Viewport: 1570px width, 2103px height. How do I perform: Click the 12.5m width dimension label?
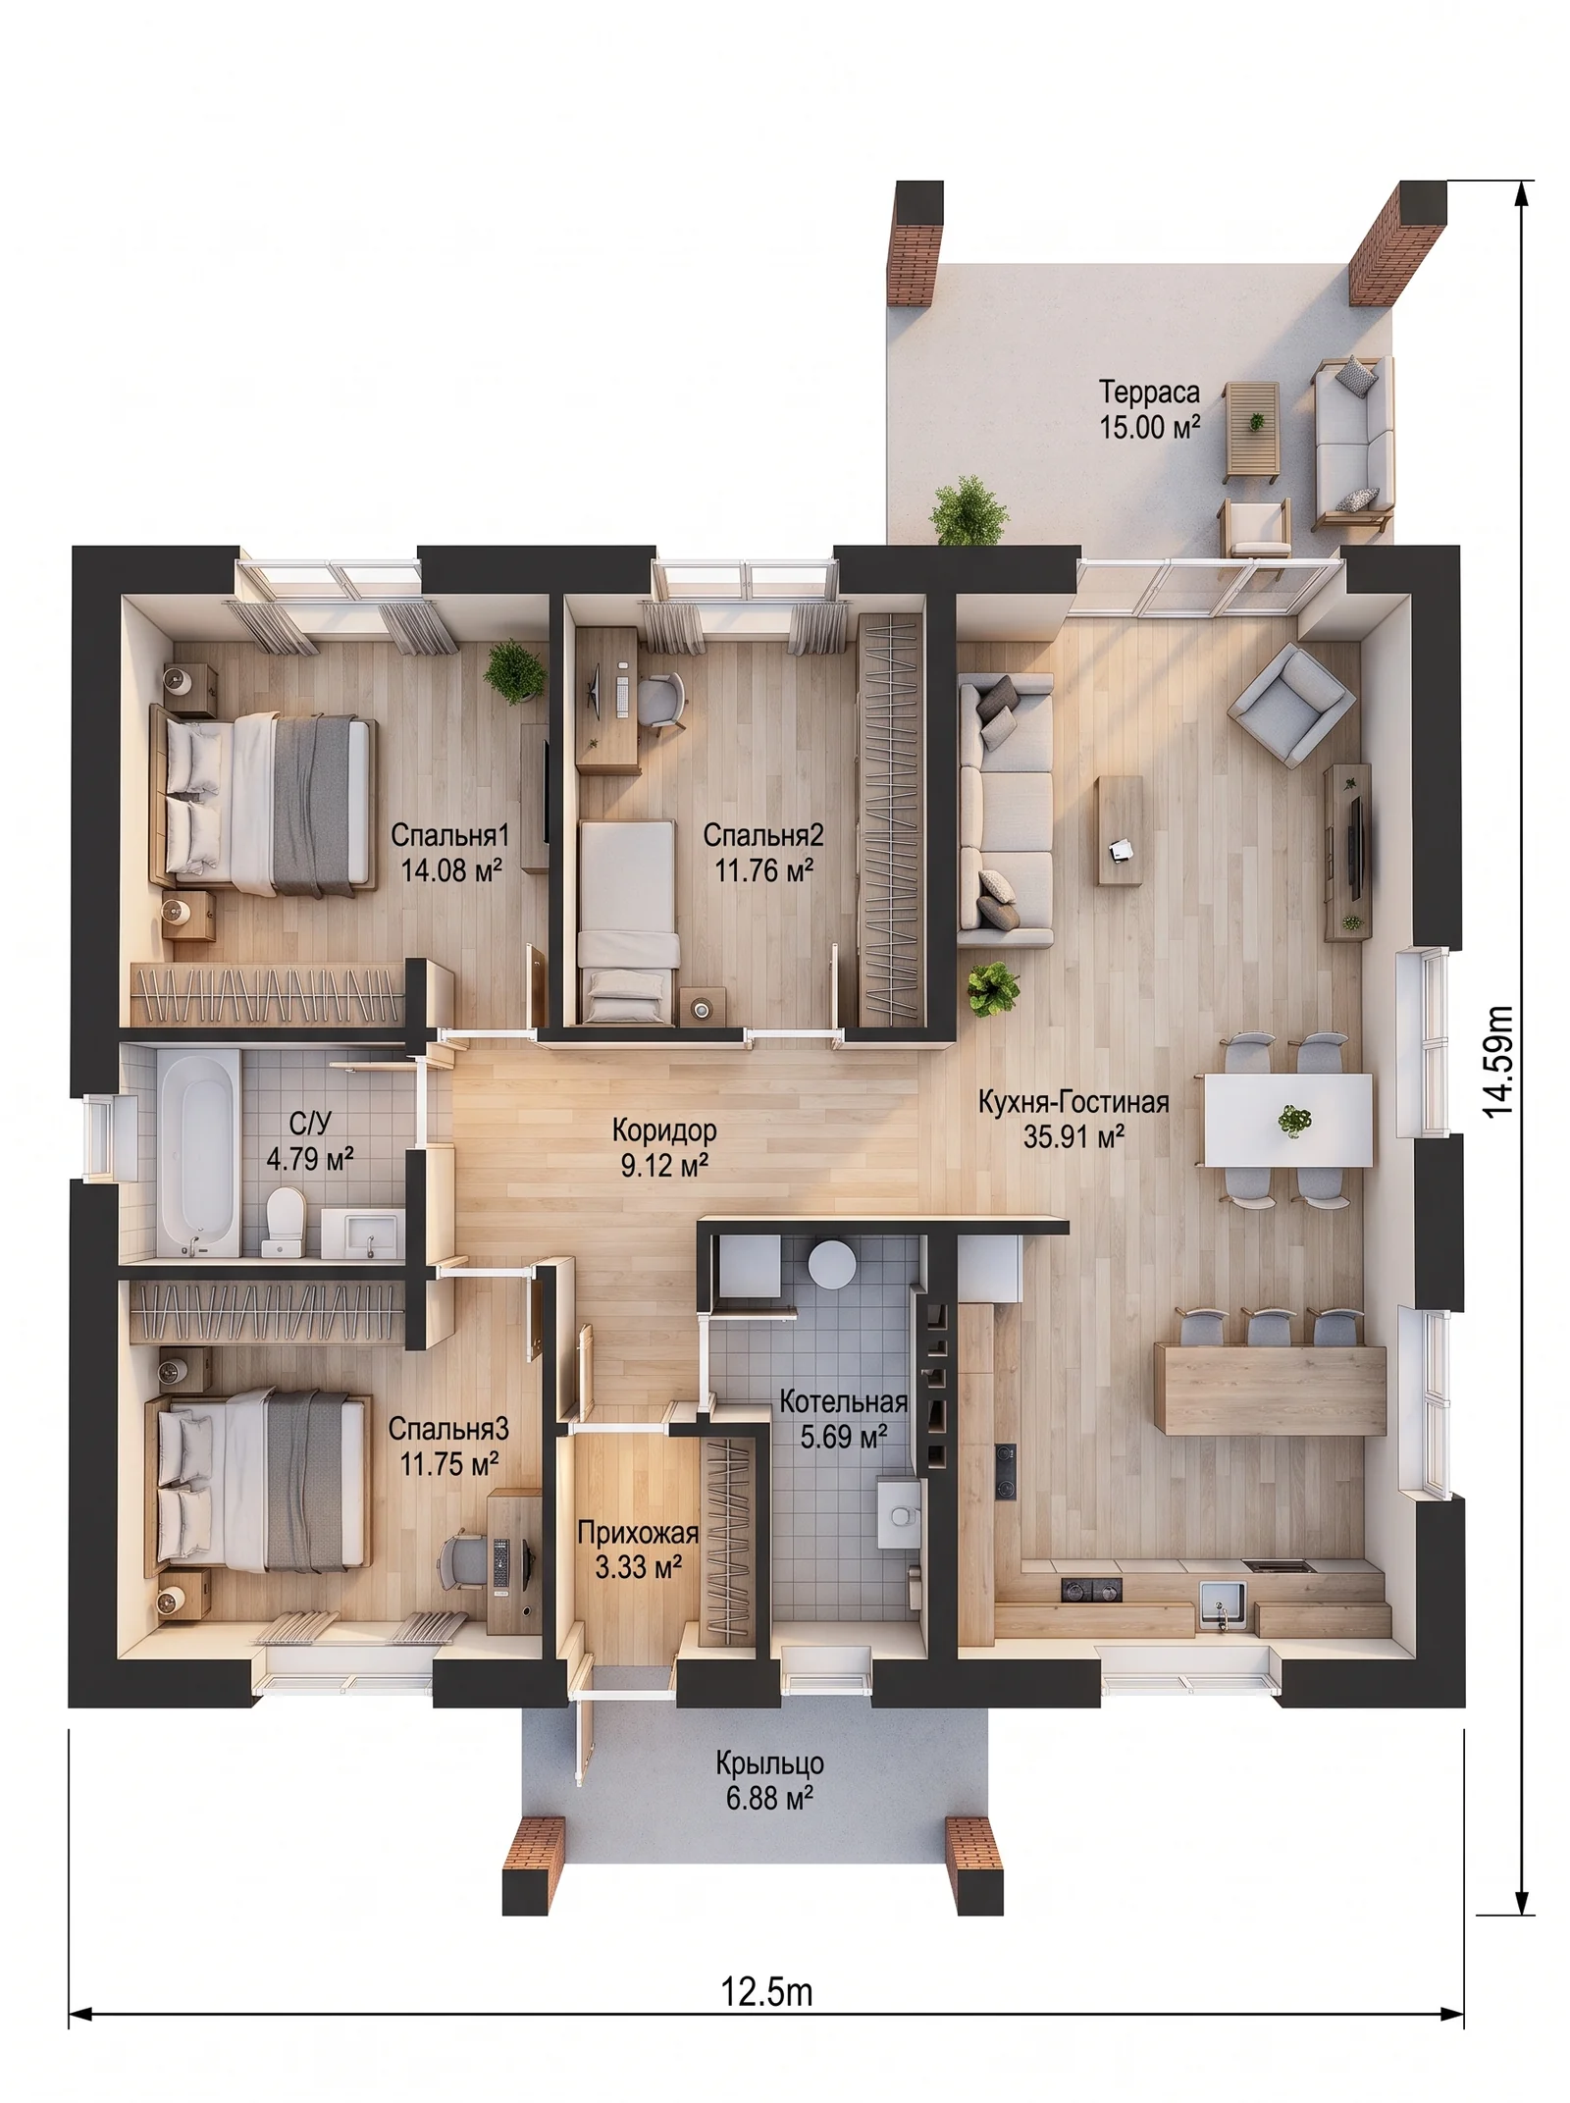point(766,1993)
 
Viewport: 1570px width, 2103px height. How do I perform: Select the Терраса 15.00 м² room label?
point(1149,409)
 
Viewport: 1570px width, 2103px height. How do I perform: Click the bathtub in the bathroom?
point(198,1152)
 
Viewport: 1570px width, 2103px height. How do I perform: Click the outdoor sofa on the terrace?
point(1354,444)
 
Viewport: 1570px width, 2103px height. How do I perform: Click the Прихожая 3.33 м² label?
point(638,1549)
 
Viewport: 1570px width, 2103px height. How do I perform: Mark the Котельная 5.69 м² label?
point(843,1419)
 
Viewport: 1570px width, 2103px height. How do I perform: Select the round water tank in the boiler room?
point(832,1264)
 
